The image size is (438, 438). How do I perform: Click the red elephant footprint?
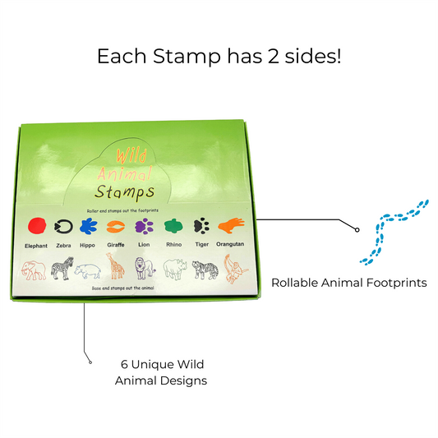[35, 227]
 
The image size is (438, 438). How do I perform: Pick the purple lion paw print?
[144, 227]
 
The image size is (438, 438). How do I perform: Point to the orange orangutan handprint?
[231, 225]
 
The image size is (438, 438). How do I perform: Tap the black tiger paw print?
[201, 227]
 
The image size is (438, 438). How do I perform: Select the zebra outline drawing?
[62, 269]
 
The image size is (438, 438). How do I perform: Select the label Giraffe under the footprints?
[116, 245]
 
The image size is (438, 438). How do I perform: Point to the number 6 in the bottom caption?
[124, 364]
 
